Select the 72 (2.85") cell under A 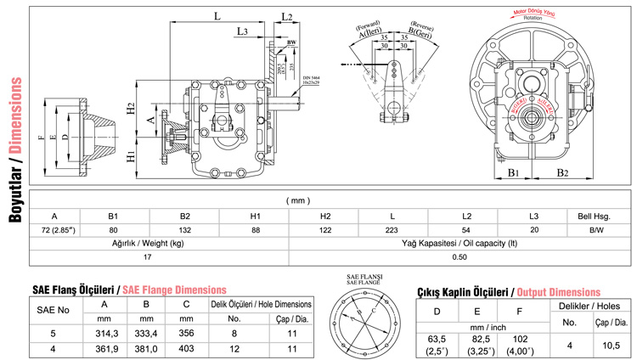click(x=54, y=229)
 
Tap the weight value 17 click(x=149, y=256)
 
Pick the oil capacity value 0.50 click(x=459, y=256)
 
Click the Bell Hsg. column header click(x=584, y=216)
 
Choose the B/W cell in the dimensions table click(x=584, y=229)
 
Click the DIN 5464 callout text click(x=311, y=79)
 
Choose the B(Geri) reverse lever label click(x=422, y=31)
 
